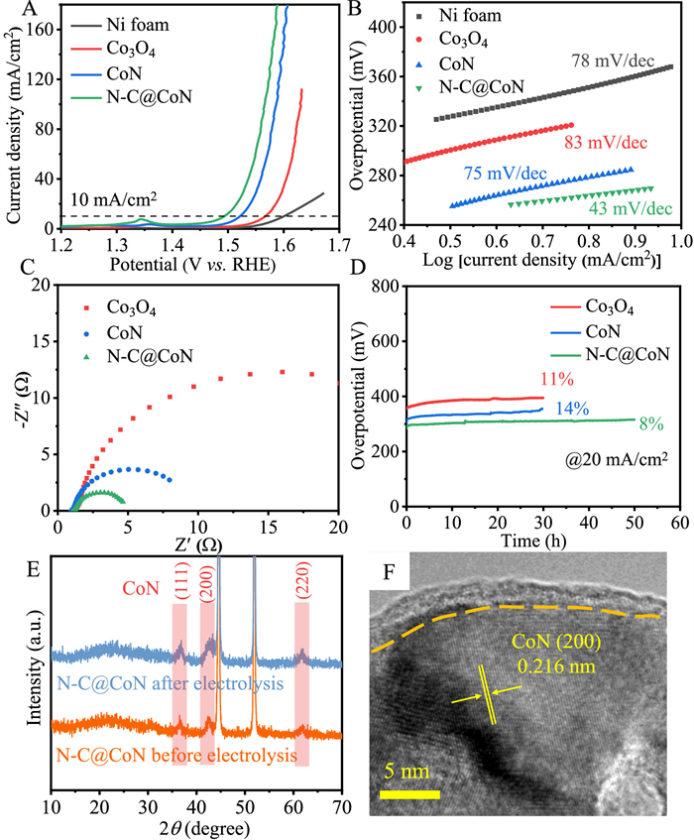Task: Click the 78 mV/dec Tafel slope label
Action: point(611,61)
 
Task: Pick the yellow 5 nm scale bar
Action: point(407,794)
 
